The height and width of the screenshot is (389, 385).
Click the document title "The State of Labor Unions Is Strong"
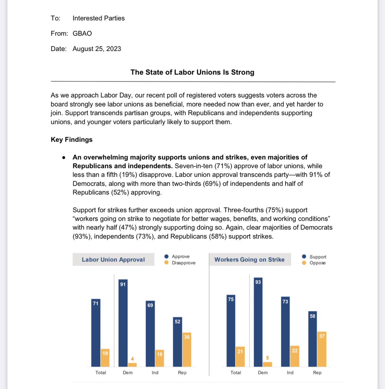192,72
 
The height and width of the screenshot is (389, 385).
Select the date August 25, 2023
97,49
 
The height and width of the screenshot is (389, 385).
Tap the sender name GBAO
82,33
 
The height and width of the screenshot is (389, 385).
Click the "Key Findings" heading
71,139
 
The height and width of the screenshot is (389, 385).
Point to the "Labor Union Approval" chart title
113,260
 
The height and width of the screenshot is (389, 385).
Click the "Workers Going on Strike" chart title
249,260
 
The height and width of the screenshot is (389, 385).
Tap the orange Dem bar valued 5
267,364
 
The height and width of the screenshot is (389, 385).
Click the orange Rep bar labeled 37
322,349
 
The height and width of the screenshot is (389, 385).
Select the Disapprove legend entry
183,263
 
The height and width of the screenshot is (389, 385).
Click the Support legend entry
318,257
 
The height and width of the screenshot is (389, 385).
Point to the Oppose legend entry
317,263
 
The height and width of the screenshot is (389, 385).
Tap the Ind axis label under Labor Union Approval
155,372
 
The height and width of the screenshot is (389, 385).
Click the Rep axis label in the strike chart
317,372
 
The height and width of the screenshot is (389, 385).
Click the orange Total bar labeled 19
105,358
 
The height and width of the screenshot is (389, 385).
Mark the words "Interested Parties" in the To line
99,18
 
